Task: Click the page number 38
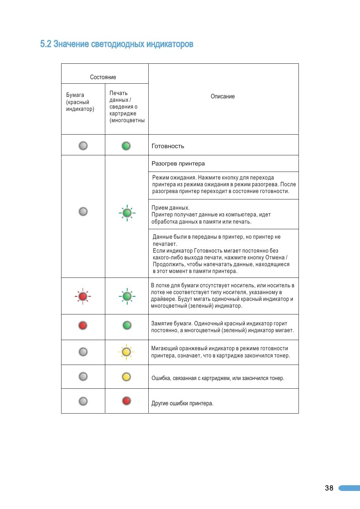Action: pyautogui.click(x=329, y=488)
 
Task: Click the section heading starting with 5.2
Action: pyautogui.click(x=117, y=44)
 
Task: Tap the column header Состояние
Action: pyautogui.click(x=103, y=77)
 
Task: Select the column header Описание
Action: pyautogui.click(x=223, y=97)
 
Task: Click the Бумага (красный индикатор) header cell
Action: pyautogui.click(x=80, y=102)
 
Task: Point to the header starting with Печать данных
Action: pyautogui.click(x=127, y=107)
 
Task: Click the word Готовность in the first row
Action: pyautogui.click(x=168, y=146)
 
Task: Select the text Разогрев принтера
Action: pyautogui.click(x=178, y=164)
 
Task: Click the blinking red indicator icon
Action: pyautogui.click(x=83, y=296)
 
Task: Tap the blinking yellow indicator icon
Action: pyautogui.click(x=126, y=352)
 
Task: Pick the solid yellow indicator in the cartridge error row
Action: pyautogui.click(x=126, y=377)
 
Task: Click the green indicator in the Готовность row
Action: pyautogui.click(x=126, y=146)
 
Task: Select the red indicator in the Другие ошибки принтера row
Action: pyautogui.click(x=126, y=401)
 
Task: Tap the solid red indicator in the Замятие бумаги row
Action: pyautogui.click(x=83, y=325)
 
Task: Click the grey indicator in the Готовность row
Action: pyautogui.click(x=83, y=146)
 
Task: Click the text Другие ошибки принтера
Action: pyautogui.click(x=182, y=403)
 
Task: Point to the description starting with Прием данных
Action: pyautogui.click(x=211, y=215)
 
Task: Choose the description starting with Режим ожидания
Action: pyautogui.click(x=224, y=184)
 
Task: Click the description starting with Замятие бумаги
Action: pyautogui.click(x=222, y=327)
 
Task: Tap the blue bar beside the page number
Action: pyautogui.click(x=349, y=488)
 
